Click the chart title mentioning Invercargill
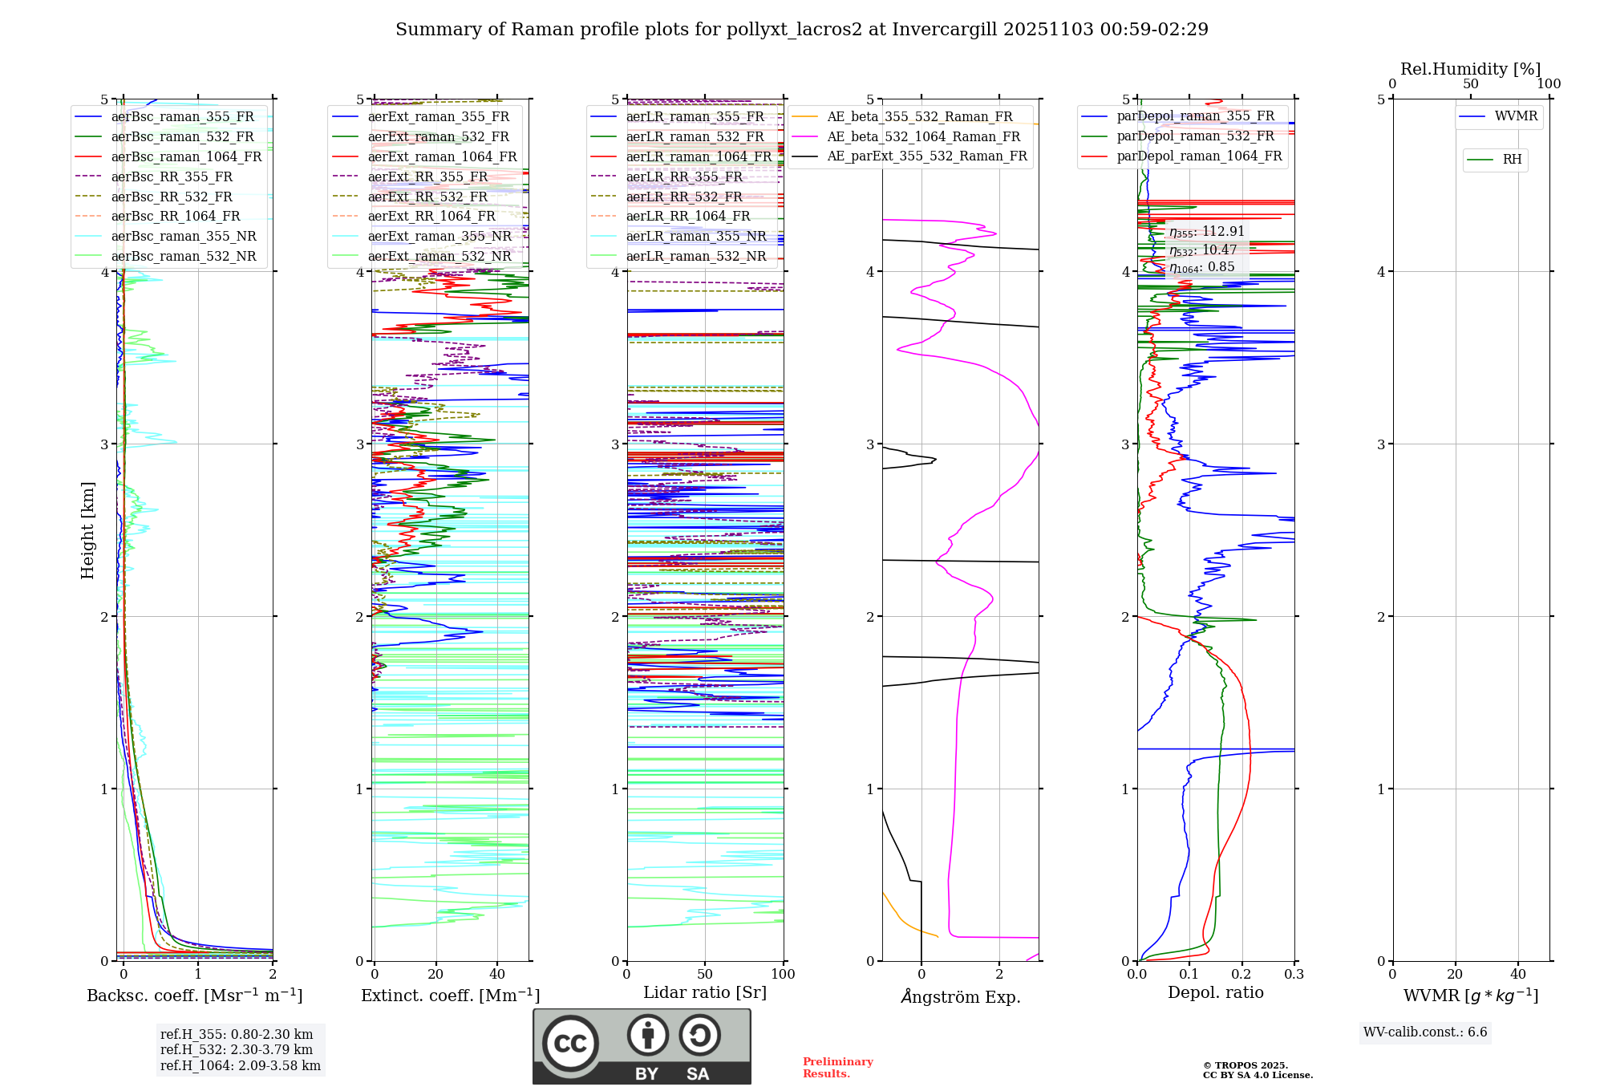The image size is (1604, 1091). coord(801,30)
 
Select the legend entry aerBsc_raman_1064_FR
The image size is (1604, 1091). coord(186,156)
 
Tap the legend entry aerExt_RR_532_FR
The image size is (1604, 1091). coord(427,197)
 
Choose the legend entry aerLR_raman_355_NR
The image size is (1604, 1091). coord(695,236)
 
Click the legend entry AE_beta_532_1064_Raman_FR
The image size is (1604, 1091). coord(923,136)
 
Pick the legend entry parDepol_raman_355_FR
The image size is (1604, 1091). coord(1195,116)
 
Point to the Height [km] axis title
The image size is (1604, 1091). coord(87,530)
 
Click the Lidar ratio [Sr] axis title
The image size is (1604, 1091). coord(705,992)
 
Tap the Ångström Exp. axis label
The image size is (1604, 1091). coord(960,996)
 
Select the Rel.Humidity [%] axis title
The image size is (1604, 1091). coord(1470,69)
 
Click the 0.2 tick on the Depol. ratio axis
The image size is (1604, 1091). coord(1241,974)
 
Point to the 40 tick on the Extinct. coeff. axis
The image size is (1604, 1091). coord(497,974)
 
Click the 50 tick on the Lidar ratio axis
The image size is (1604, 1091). coord(705,974)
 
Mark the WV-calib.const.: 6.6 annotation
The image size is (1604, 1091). coord(1425,1032)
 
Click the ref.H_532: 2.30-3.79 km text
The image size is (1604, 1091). coord(237,1049)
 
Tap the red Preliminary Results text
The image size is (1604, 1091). coord(837,1067)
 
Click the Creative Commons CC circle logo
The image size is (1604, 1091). coord(570,1044)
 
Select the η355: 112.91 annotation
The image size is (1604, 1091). coord(1206,232)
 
